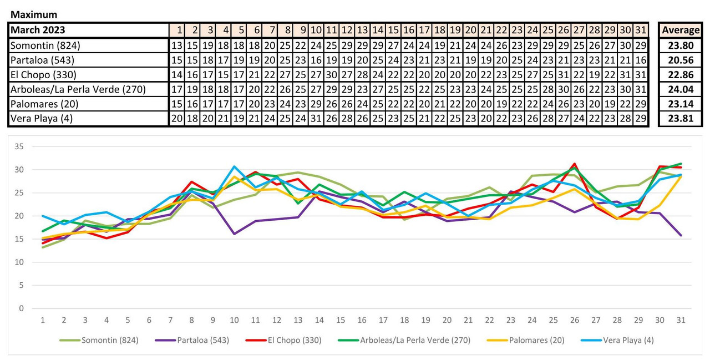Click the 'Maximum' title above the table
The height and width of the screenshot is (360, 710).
34,14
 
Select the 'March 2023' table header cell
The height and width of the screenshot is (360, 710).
38,30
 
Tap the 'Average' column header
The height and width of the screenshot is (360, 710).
680,30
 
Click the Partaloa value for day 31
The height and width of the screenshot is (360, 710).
641,60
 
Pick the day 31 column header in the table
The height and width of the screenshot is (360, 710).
641,30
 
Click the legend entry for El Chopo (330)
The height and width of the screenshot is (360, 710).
294,340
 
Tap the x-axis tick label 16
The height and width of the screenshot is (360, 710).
362,321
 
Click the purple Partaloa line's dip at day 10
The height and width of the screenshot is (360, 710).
235,234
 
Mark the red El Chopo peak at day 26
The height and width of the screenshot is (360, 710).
575,164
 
